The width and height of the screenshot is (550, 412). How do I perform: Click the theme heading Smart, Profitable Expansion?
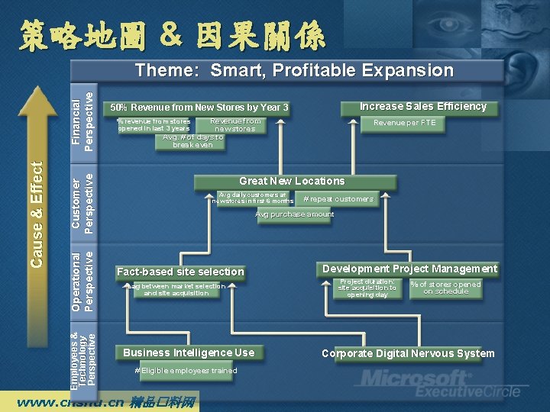point(294,71)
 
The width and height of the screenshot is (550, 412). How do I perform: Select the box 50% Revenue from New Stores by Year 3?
point(199,108)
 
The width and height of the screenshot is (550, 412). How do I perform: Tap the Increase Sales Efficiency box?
point(423,107)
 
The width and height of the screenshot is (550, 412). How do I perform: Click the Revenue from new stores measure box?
point(235,125)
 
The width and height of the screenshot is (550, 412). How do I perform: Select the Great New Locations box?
point(292,182)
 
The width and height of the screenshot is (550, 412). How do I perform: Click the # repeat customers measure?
point(338,199)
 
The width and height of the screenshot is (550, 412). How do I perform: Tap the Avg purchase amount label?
point(294,214)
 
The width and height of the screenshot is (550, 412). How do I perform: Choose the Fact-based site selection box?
point(180,272)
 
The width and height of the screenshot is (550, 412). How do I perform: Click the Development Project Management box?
point(409,269)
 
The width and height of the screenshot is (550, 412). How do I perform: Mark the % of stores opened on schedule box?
point(445,288)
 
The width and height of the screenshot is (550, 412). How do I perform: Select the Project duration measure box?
point(367,288)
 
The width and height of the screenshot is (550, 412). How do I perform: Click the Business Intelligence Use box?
point(189,352)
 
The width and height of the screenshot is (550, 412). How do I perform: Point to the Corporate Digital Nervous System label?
point(408,353)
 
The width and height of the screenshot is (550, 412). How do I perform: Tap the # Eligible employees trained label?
point(186,371)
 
